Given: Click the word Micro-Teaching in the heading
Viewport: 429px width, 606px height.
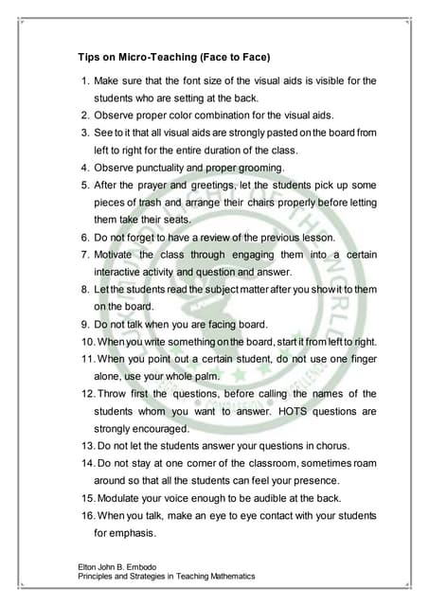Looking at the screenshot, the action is click(x=153, y=56).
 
